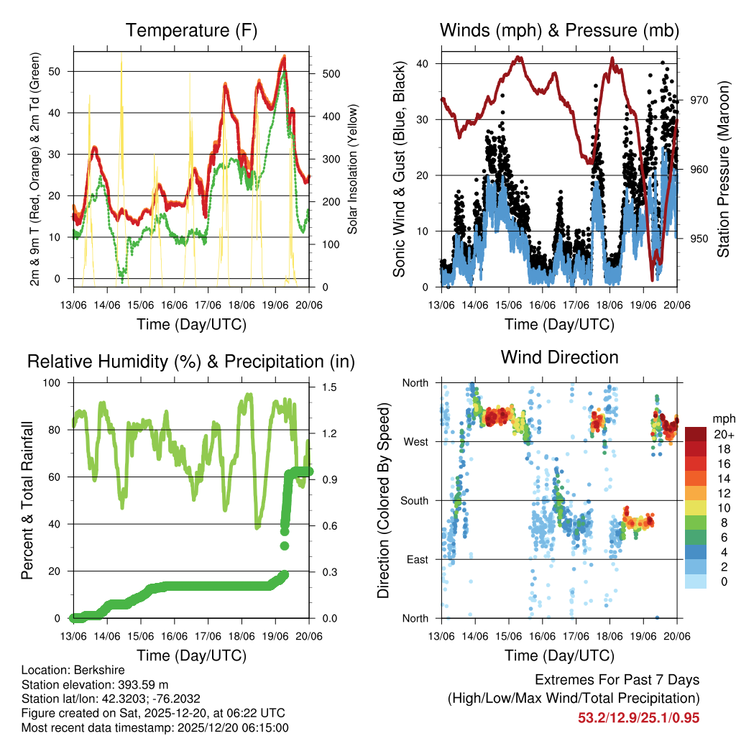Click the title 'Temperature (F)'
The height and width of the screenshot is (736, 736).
[x=191, y=30]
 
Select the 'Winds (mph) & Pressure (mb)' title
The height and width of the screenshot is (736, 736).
[x=559, y=30]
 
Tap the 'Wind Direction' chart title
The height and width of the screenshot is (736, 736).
[x=559, y=356]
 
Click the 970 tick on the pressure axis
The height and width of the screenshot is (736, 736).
[x=699, y=101]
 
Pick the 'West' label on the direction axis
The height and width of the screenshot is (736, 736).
[x=415, y=441]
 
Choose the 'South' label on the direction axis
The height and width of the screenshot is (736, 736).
[x=413, y=500]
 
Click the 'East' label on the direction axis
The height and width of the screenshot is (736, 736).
[x=416, y=559]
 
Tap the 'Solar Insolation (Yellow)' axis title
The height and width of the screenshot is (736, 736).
[x=353, y=168]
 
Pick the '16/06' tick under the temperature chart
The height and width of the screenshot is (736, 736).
[x=175, y=305]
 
